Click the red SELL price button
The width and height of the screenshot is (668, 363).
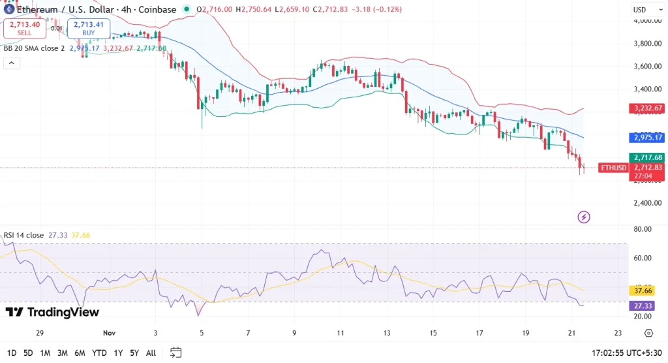point(24,29)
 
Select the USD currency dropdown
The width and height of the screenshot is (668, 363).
point(645,10)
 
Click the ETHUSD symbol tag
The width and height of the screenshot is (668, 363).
point(613,168)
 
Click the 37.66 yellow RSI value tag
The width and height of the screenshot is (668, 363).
point(645,291)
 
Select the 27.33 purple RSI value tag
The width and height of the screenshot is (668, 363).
point(645,306)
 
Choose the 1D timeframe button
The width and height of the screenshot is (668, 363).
point(10,353)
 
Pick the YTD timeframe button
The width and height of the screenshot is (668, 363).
point(99,353)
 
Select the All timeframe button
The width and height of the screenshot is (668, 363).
point(151,353)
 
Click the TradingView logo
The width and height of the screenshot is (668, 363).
point(52,312)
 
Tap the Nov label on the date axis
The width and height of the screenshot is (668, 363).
point(109,333)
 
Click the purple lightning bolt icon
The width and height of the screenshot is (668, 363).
point(584,217)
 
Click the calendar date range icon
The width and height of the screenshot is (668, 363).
point(175,353)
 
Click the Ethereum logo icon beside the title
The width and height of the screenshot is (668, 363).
point(8,10)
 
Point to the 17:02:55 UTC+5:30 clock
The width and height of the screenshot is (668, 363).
point(626,353)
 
